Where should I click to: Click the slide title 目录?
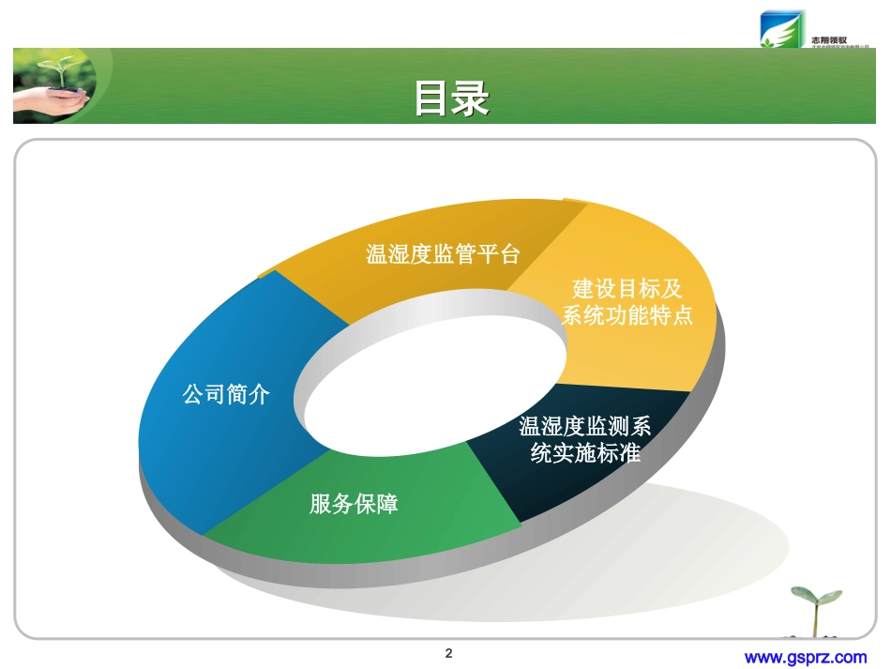coord(451,99)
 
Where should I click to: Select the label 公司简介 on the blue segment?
coord(226,395)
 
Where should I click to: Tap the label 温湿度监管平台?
coord(443,254)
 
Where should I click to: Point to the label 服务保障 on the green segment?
coord(354,504)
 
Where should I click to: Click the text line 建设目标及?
coord(627,289)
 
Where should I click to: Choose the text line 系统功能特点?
coord(627,315)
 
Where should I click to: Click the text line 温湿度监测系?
coord(585,427)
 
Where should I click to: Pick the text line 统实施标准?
coord(585,453)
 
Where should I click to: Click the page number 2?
coord(448,653)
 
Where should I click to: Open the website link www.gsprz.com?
coord(805,657)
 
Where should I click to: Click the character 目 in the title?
coord(431,99)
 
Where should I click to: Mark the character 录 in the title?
coord(471,99)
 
